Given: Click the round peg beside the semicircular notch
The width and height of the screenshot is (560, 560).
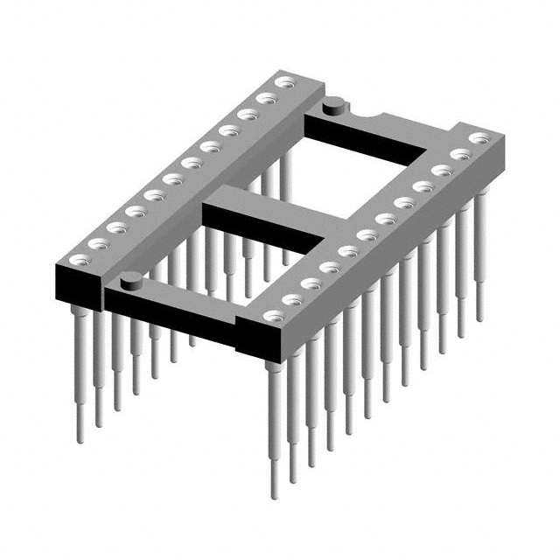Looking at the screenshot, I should coord(333,107).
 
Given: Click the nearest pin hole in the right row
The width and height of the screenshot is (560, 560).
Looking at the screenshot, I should coord(270,316).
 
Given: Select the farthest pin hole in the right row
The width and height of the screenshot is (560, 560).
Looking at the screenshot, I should coord(478,138).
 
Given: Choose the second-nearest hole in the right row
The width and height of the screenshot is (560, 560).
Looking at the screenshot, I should coord(290,299).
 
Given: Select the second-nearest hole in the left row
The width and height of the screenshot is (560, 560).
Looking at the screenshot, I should coord(96,243).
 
